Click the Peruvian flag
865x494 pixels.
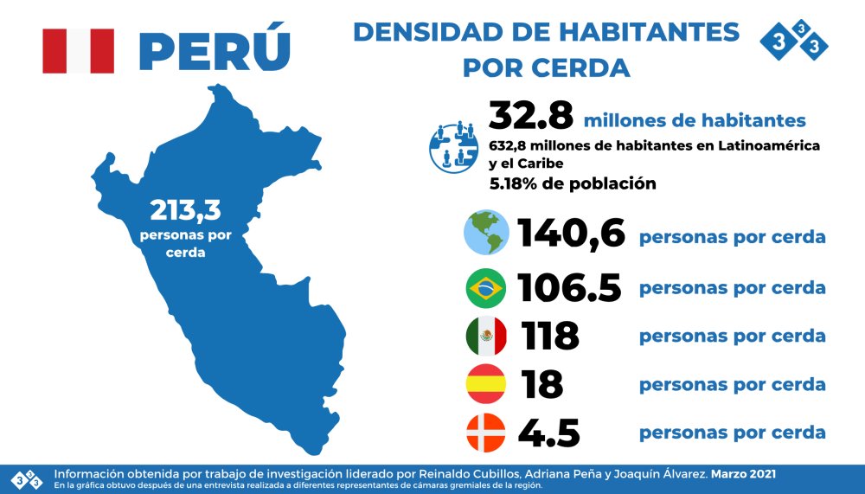click(x=78, y=50)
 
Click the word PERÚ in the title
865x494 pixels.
click(x=214, y=50)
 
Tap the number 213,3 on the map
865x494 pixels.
click(x=187, y=209)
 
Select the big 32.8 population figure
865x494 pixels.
click(x=530, y=115)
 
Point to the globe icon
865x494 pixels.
click(x=486, y=233)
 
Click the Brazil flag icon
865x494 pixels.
click(x=486, y=288)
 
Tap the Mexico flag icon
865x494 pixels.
click(x=486, y=336)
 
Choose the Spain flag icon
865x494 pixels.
click(x=486, y=384)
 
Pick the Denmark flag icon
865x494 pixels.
click(x=486, y=433)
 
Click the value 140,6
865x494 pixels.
click(x=571, y=234)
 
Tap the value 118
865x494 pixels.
click(x=550, y=336)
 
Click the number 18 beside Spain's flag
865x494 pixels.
click(x=542, y=384)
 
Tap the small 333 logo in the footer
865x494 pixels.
click(x=26, y=478)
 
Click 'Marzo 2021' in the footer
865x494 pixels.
click(x=744, y=474)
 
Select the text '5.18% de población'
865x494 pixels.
click(x=572, y=183)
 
